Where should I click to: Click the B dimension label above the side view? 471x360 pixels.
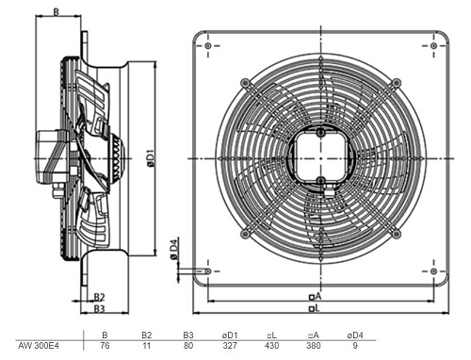point(56,12)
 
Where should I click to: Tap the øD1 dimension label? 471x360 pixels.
point(151,157)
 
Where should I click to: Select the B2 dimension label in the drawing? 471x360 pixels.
point(99,297)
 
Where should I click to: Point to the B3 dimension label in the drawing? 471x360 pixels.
point(99,309)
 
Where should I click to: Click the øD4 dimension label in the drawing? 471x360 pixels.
point(174,249)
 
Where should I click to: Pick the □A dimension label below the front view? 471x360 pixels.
point(316,296)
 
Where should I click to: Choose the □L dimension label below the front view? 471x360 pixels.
point(315,308)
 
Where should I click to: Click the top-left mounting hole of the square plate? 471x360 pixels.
point(207,46)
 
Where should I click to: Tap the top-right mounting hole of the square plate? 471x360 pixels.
point(433,46)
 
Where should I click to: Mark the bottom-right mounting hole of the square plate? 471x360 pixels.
point(433,271)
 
